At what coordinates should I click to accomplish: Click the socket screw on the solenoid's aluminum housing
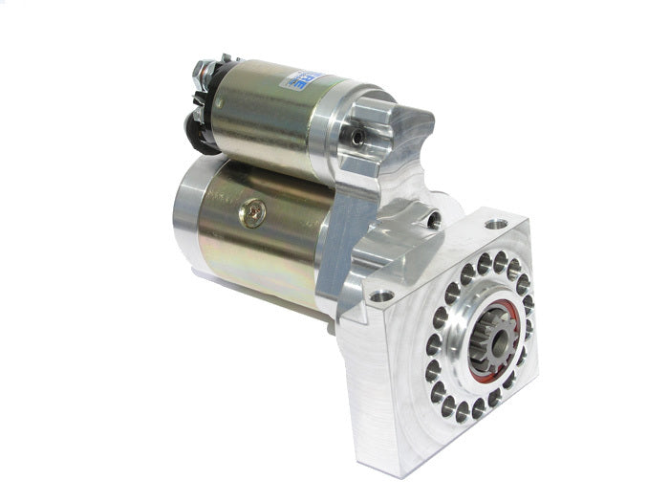click(x=357, y=138)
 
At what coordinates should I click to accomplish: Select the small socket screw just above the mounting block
click(x=435, y=219)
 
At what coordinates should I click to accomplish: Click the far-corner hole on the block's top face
click(x=494, y=225)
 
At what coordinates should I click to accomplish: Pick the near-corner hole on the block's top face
click(x=379, y=295)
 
